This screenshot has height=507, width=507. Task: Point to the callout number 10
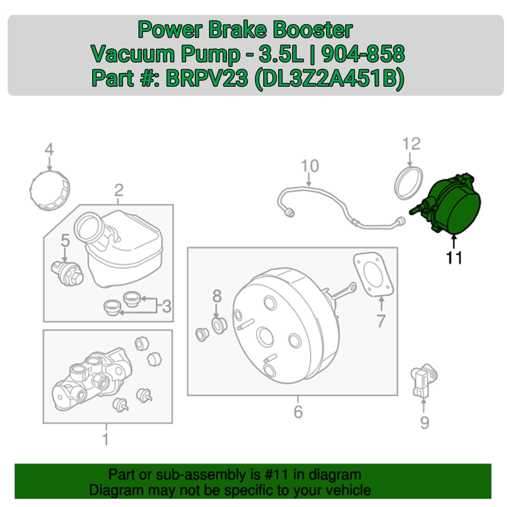pos(310,166)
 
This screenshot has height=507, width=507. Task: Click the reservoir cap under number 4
pos(50,190)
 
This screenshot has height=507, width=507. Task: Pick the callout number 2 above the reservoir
pos(119,190)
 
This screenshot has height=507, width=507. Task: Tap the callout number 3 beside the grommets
pos(166,306)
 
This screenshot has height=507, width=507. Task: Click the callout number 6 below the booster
pos(298,412)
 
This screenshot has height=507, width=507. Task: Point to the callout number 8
pos(217,296)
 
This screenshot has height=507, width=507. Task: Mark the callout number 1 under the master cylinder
pos(106,439)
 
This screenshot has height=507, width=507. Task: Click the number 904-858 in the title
pos(363,54)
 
